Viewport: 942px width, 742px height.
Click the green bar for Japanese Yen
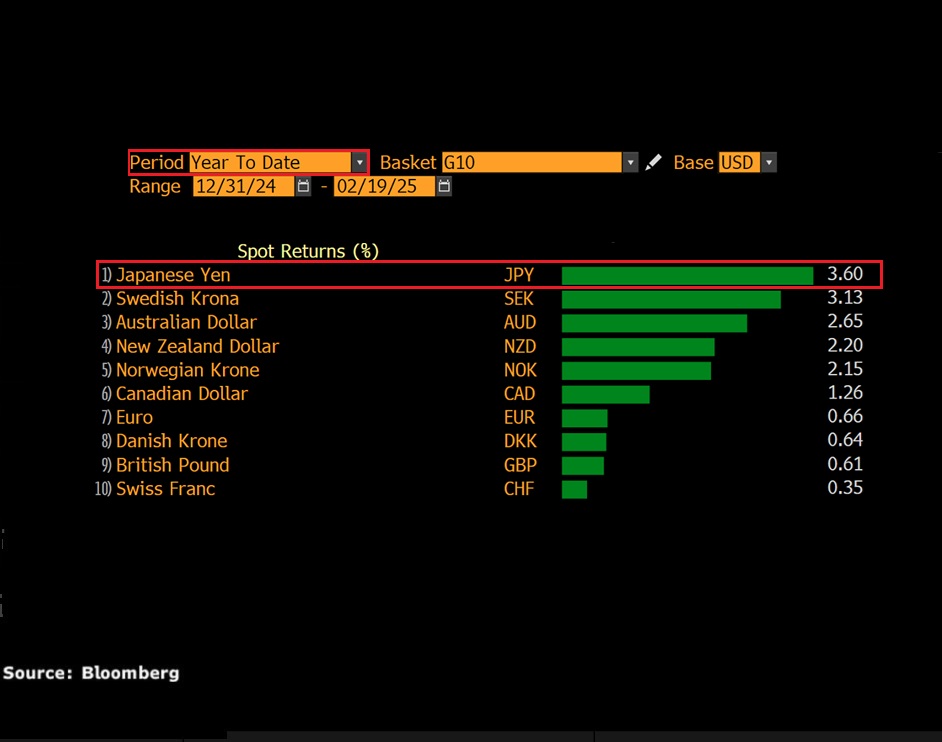coord(687,275)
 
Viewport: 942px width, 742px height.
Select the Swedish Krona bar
coord(671,299)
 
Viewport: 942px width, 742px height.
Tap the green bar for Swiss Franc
coord(574,489)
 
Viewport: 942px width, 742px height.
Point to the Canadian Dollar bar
coord(605,394)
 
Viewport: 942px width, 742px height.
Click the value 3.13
coord(845,298)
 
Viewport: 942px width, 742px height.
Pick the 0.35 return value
coord(845,488)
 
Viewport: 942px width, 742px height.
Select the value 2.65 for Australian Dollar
coord(845,321)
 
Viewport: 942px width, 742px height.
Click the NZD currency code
coord(520,346)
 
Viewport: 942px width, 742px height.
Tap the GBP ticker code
coord(520,465)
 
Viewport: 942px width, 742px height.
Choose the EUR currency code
coord(519,417)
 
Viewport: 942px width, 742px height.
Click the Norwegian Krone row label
coord(187,370)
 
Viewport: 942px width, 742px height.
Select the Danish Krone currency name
coord(171,441)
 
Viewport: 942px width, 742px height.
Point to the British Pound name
coord(172,465)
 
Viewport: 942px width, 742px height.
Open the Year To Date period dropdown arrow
coord(359,162)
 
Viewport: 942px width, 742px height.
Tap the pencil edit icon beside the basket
coord(653,162)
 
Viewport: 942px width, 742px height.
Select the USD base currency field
coord(738,162)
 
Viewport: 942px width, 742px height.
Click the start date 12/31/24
coord(244,186)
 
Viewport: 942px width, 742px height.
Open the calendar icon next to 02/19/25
coord(444,186)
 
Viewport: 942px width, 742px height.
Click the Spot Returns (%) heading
coord(308,251)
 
